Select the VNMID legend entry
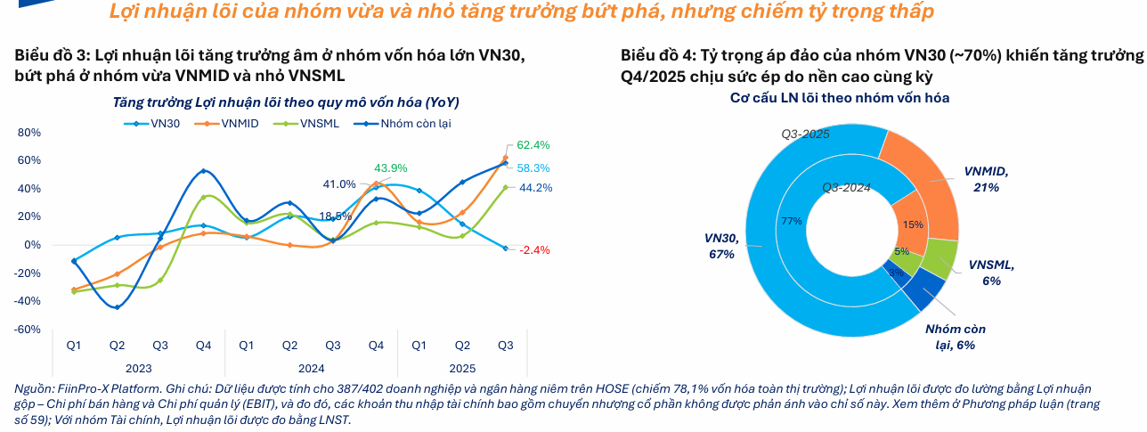point(236,123)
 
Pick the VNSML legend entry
point(314,123)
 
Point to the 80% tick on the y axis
point(29,133)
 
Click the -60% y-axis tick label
point(28,330)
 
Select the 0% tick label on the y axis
point(33,245)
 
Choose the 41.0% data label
point(339,184)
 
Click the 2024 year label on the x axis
point(311,368)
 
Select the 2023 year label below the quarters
point(138,368)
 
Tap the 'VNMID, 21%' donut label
point(986,179)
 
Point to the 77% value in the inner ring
point(792,221)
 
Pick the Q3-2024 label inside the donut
point(846,187)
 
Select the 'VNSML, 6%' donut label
point(991,273)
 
